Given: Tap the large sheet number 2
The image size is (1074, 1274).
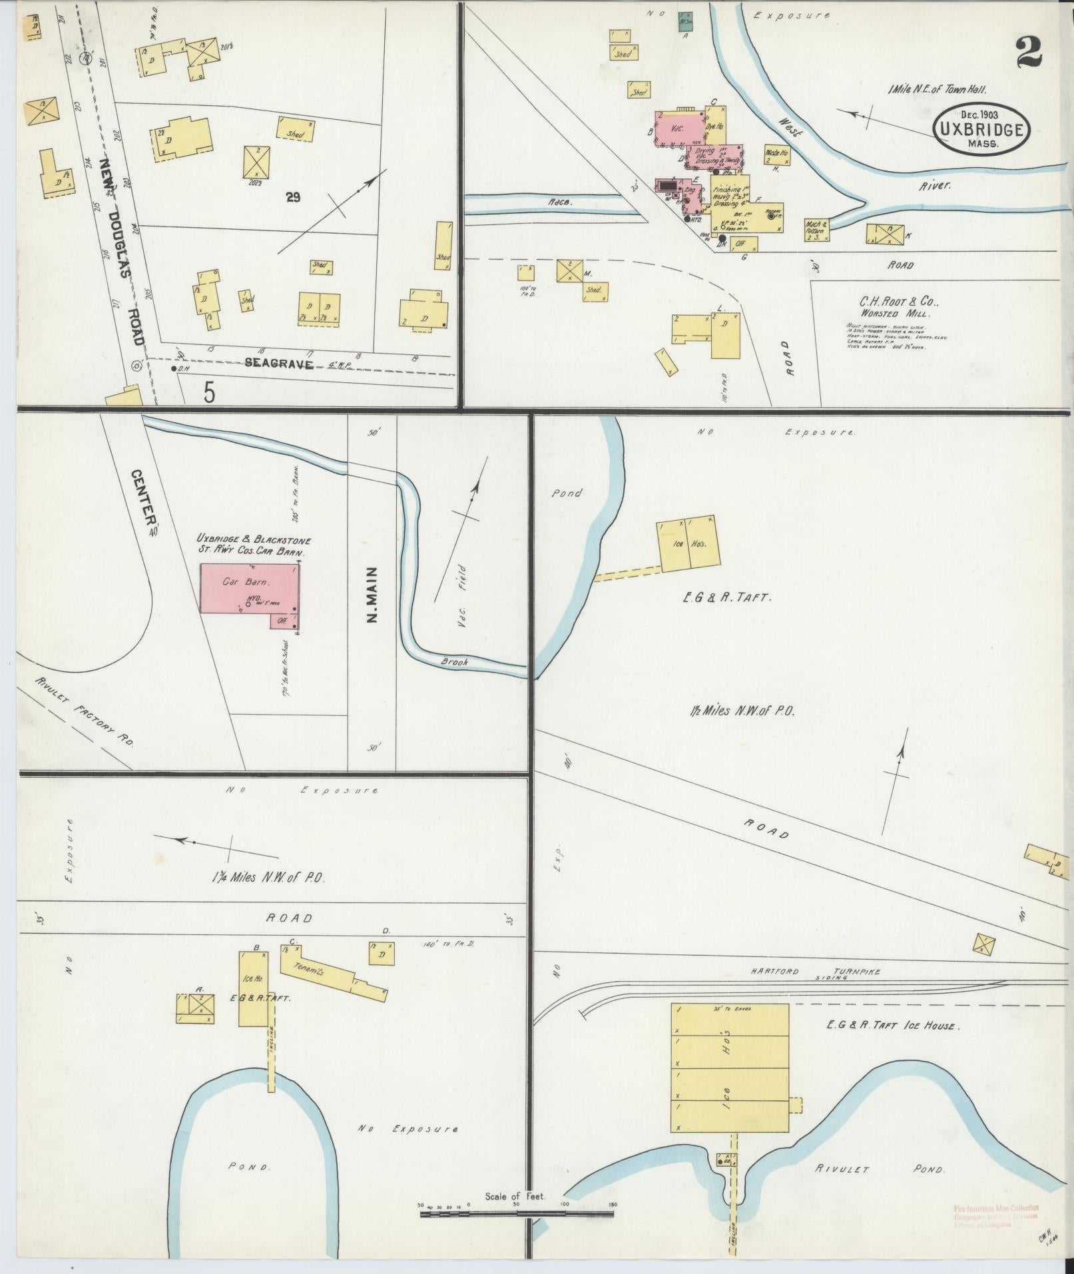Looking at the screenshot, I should [1029, 53].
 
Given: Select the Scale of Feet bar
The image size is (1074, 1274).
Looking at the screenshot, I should [517, 1214].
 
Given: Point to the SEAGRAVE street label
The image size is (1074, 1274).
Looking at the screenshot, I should [279, 364].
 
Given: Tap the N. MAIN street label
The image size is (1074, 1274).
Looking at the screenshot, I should [372, 595].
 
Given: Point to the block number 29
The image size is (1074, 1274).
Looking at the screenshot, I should [291, 196].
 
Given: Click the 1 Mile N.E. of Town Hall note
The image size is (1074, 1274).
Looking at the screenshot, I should [936, 89].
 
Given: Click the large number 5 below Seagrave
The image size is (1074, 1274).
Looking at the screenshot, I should [209, 394].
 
